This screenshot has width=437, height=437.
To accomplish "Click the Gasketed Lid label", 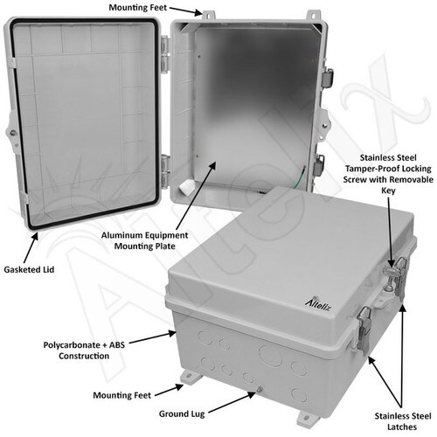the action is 29,269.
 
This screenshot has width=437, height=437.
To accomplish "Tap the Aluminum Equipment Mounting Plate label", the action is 144,240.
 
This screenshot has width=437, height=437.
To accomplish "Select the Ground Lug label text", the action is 182,413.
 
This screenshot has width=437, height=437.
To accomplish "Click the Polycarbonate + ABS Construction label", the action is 84,350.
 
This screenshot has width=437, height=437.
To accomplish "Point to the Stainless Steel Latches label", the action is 403,421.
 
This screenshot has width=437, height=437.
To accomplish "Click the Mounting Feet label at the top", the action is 138,7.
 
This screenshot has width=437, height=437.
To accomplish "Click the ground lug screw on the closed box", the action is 260,389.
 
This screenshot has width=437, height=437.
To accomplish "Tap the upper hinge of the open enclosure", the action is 165,54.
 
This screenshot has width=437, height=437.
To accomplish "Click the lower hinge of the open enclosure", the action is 165,171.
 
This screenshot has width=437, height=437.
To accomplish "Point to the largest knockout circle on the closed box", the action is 271,357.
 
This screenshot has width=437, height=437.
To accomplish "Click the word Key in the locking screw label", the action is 388,191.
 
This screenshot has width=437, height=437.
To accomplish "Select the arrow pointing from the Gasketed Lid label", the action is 31,247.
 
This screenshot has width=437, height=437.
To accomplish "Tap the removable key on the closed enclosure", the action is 390,273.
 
